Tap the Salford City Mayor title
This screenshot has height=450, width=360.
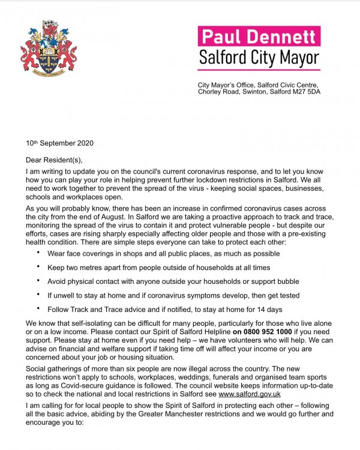click(x=259, y=59)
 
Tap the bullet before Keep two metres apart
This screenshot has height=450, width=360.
click(x=38, y=267)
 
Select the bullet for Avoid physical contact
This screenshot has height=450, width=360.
click(x=38, y=281)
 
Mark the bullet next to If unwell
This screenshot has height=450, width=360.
click(x=38, y=295)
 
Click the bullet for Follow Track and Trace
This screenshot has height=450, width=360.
click(x=38, y=308)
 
